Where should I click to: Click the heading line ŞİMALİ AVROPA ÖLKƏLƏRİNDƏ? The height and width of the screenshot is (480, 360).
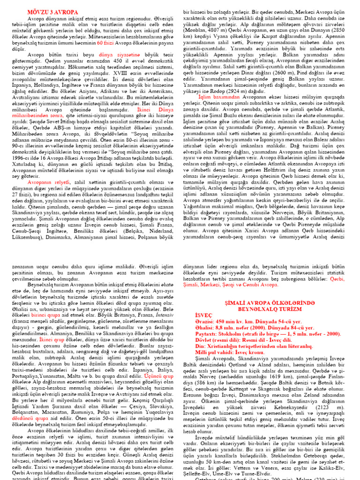(271, 304)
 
